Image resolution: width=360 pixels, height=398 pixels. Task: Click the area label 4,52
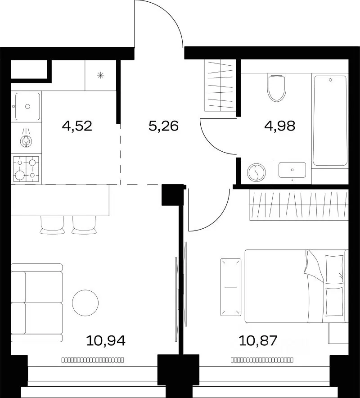click(x=77, y=126)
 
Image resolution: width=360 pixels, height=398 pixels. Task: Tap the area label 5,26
click(x=164, y=126)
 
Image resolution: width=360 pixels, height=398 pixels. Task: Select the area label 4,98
click(x=279, y=126)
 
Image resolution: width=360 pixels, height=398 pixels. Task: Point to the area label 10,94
click(x=106, y=341)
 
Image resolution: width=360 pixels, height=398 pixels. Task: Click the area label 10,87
click(x=258, y=341)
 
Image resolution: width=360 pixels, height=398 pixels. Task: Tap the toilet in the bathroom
click(x=277, y=88)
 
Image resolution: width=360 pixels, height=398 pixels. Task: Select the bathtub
click(x=330, y=121)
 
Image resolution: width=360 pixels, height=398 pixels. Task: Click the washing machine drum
click(x=256, y=172)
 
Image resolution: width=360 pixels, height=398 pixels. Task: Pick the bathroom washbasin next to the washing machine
click(x=292, y=170)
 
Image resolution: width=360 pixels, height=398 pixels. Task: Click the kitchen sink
click(x=27, y=106)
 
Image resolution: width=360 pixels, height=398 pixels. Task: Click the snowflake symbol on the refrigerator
click(x=101, y=75)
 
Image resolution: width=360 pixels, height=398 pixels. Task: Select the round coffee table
click(x=85, y=303)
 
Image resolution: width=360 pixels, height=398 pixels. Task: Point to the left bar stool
click(x=52, y=225)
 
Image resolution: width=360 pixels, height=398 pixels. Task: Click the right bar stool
click(x=84, y=225)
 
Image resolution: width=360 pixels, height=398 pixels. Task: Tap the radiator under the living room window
click(x=93, y=360)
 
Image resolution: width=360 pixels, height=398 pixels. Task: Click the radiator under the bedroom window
click(x=262, y=360)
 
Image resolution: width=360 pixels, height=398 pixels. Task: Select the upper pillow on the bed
click(x=334, y=269)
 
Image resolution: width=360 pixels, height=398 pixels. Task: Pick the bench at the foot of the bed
click(x=230, y=287)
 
